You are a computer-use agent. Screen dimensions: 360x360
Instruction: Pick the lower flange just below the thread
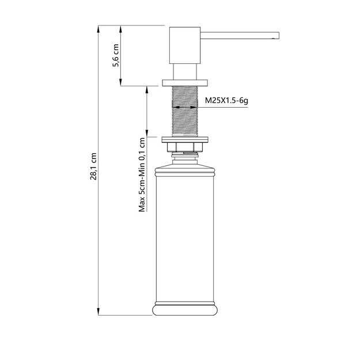(x=184, y=141)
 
